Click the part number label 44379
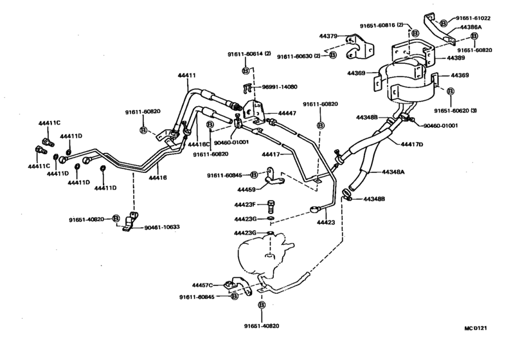(330, 37)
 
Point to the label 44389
(456, 58)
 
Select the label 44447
(287, 113)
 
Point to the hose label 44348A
(396, 172)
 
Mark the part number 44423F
(245, 205)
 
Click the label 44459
(246, 190)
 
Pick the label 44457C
(203, 284)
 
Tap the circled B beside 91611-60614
(246, 69)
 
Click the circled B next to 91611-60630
(332, 56)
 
